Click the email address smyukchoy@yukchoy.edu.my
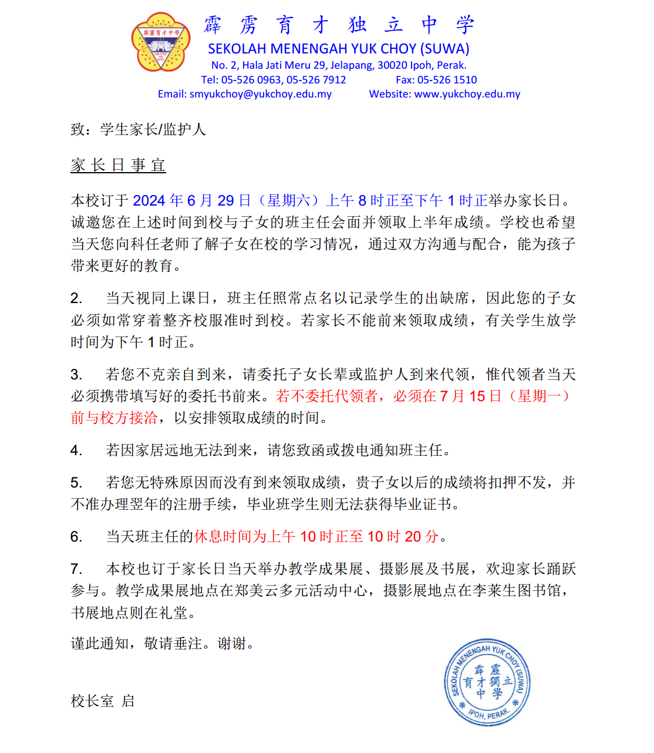coord(260,94)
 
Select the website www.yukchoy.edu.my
coord(467,94)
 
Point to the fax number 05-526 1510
coord(447,80)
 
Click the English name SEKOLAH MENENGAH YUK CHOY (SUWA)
coord(339,49)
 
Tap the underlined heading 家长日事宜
coord(118,166)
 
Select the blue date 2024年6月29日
coord(192,201)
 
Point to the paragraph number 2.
coord(76,298)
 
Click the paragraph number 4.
coord(76,451)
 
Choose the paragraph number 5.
coord(76,483)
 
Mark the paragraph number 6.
coord(76,537)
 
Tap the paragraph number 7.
coord(76,569)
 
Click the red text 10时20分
coord(403,537)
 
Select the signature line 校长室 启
coord(103,701)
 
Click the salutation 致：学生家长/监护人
coord(138,130)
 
